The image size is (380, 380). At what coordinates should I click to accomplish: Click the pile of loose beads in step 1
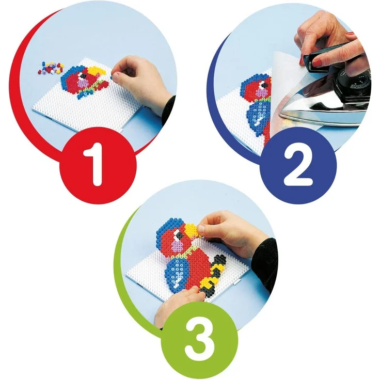coord(51,68)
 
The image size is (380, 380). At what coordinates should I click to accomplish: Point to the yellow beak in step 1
coord(97,70)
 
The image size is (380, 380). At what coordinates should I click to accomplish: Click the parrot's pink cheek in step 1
coord(83,84)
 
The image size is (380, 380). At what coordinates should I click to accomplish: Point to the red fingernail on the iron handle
coord(317,63)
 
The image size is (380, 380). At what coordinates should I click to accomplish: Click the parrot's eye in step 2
coord(264,85)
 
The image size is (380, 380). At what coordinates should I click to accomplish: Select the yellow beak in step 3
coord(192,230)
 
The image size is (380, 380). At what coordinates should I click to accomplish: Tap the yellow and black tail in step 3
coord(214,274)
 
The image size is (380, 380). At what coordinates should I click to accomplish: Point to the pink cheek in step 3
coord(178,246)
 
